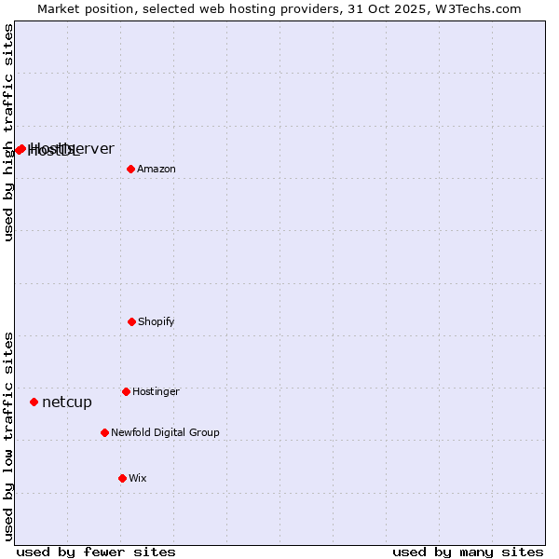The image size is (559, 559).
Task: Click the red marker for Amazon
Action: [130, 169]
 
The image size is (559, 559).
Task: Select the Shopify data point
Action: [131, 321]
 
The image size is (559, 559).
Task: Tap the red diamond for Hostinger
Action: [126, 391]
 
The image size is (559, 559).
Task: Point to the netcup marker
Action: [34, 402]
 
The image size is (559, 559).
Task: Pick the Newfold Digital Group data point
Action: [104, 432]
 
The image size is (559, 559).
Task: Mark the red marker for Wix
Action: [122, 478]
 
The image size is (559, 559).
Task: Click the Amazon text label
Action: [157, 170]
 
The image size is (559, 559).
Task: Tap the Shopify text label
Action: [157, 322]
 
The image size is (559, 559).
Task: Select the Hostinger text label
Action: [156, 392]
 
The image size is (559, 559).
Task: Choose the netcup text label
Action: [67, 402]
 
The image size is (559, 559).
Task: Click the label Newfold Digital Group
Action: [165, 433]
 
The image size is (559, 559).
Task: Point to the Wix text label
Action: [138, 479]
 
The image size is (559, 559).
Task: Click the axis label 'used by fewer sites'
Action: [96, 552]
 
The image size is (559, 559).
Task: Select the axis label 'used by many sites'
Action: [468, 552]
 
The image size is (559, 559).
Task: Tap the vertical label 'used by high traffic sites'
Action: [8, 132]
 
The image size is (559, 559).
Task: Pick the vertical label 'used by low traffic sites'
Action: [8, 436]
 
